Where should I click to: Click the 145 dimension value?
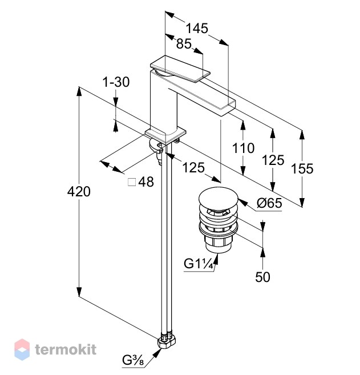(197, 28)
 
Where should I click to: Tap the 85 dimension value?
(184, 44)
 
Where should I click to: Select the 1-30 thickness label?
(116, 82)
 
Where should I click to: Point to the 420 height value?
(79, 192)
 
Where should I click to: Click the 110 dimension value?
(244, 148)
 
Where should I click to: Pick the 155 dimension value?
(302, 168)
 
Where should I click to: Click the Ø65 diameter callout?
(269, 203)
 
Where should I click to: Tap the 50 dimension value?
(262, 277)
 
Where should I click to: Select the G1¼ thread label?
(198, 264)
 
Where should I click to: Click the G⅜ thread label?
(133, 360)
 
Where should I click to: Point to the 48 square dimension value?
(146, 182)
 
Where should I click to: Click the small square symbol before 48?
(132, 182)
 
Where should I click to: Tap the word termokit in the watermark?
(66, 349)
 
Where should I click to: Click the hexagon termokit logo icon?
(22, 349)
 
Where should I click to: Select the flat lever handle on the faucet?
(180, 69)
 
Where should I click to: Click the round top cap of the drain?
(219, 198)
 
